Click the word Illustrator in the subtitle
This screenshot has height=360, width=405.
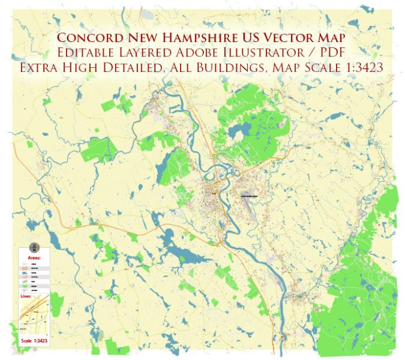(262, 53)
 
